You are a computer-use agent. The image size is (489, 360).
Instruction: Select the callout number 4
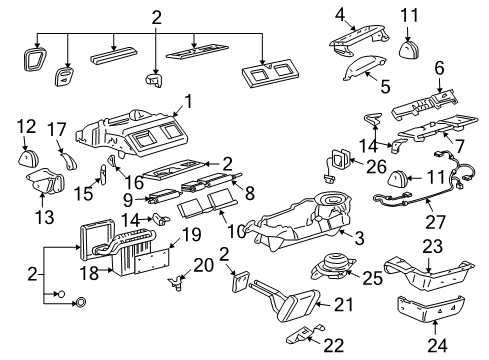click(340, 14)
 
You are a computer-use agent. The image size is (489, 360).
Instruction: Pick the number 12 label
click(26, 127)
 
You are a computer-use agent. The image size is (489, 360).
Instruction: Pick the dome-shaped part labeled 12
click(27, 157)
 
